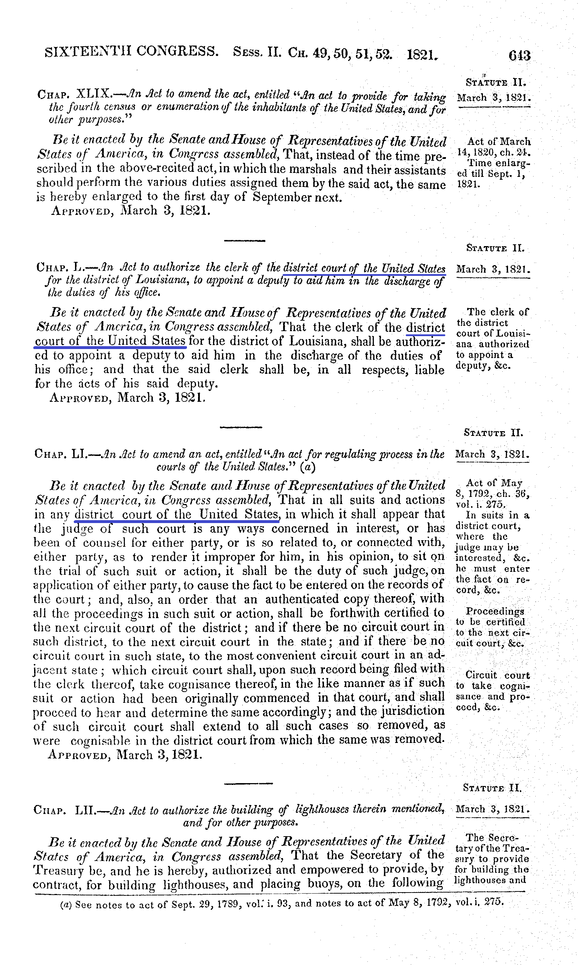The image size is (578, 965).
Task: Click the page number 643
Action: pos(519,56)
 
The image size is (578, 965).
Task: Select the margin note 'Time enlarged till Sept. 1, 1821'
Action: pos(493,173)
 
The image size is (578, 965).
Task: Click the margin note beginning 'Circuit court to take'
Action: pos(493,691)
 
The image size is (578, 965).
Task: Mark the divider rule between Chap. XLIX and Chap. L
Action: pos(245,241)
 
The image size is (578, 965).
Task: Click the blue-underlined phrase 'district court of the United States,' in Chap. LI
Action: pos(177,514)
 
